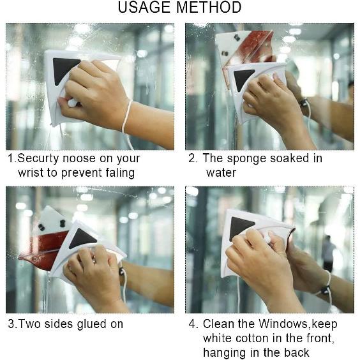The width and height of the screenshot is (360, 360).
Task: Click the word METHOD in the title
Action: (x=209, y=8)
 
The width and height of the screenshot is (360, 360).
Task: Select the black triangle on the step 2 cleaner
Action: (x=243, y=78)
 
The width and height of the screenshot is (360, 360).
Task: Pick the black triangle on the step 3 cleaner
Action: (x=83, y=238)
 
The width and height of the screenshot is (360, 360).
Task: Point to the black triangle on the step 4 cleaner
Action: (x=242, y=226)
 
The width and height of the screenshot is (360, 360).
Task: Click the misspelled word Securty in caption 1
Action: (x=38, y=158)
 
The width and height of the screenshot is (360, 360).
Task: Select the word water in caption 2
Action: (x=221, y=172)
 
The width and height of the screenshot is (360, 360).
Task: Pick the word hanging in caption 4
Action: (x=223, y=352)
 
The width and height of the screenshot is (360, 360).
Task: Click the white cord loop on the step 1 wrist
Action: (x=126, y=115)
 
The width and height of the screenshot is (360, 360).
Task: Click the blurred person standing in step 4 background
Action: (x=328, y=252)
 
